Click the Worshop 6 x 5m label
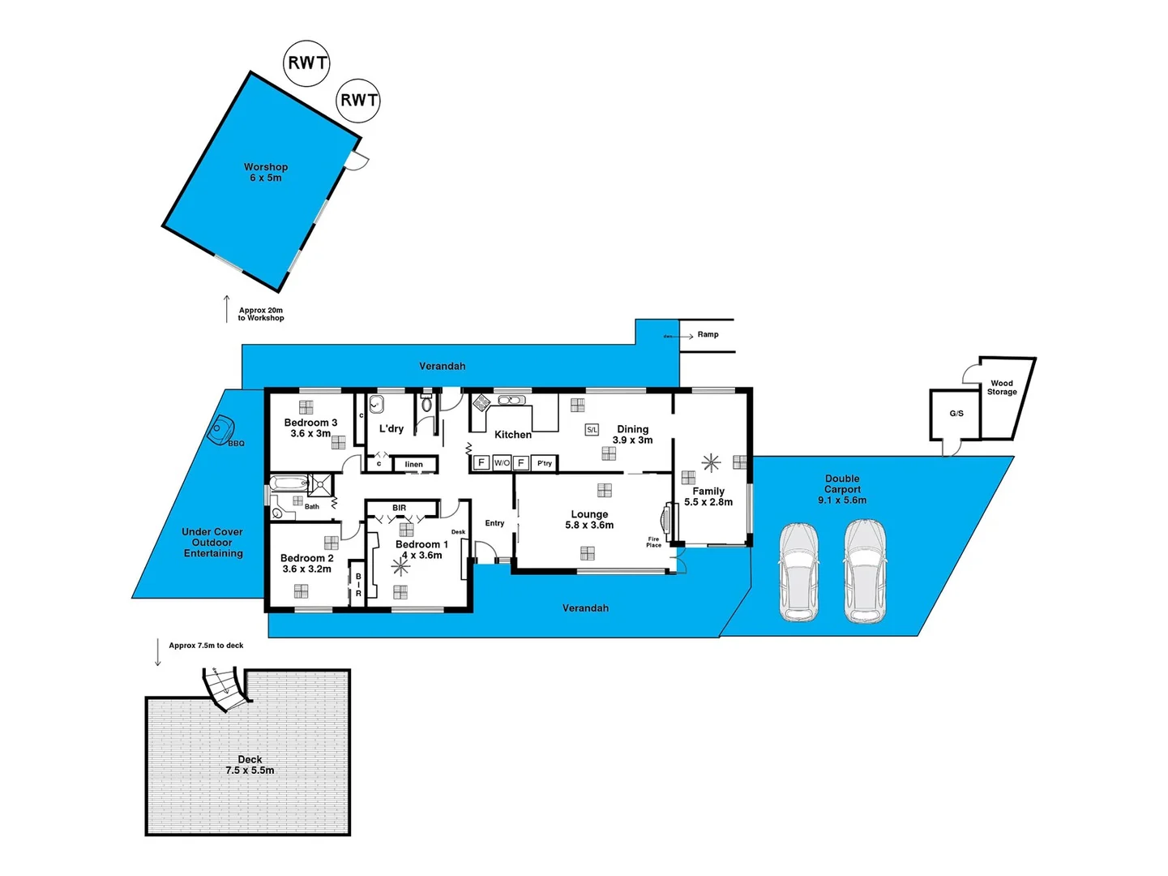(x=266, y=172)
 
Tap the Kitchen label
(x=513, y=435)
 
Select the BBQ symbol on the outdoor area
(x=220, y=429)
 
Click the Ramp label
(x=708, y=334)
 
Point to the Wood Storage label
(x=1002, y=388)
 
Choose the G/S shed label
(x=956, y=414)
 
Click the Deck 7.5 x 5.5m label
(x=250, y=765)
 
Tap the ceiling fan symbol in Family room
(x=711, y=463)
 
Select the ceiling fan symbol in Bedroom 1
(x=401, y=565)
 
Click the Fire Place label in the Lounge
(x=654, y=542)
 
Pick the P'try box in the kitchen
(x=545, y=463)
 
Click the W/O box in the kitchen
(x=502, y=463)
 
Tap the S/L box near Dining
(x=592, y=430)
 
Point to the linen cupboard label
(x=414, y=465)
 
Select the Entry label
(x=494, y=523)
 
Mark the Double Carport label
(x=842, y=489)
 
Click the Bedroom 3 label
(x=310, y=427)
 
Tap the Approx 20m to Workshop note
(x=261, y=314)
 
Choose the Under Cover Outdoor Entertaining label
(x=212, y=543)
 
